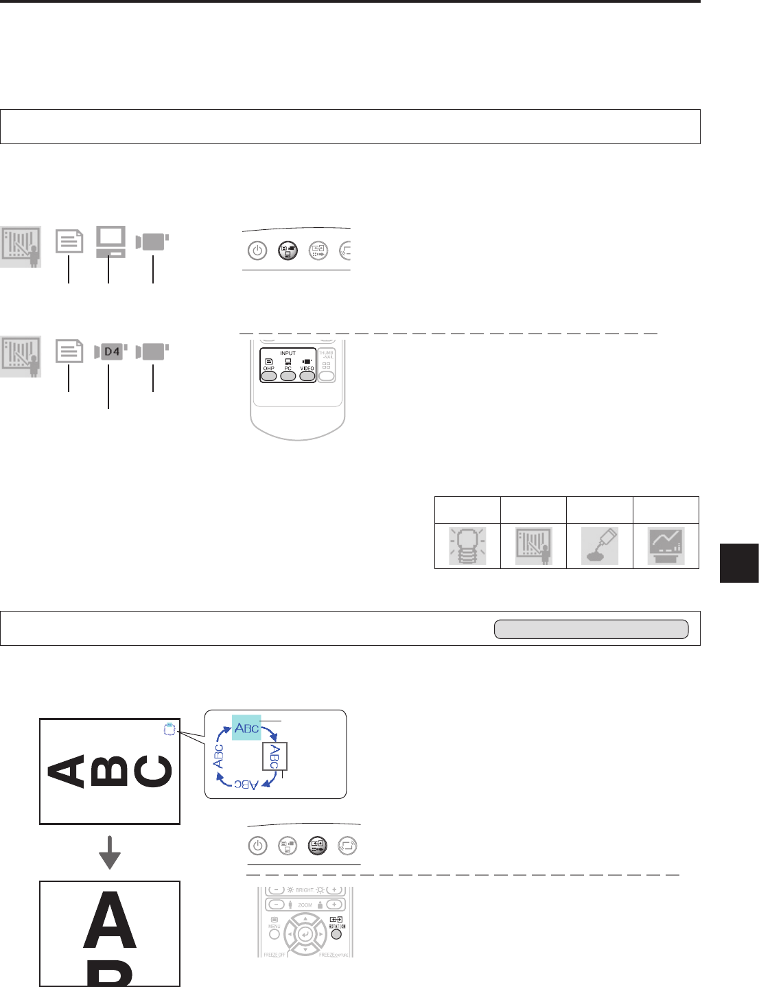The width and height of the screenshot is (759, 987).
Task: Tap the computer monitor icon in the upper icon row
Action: tap(110, 242)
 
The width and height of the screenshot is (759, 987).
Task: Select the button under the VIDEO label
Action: tap(307, 377)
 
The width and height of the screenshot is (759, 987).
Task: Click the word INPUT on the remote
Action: tap(288, 353)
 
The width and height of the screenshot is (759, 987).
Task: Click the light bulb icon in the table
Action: tap(467, 546)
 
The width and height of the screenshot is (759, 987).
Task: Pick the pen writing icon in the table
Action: tap(600, 546)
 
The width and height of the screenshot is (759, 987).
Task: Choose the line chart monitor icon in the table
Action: tap(666, 546)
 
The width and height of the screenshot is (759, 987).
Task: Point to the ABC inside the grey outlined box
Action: tap(274, 756)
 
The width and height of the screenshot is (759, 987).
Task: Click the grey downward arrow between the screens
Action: tap(110, 852)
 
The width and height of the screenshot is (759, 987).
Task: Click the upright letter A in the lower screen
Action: tap(110, 919)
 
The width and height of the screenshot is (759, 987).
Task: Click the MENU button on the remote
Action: tap(274, 934)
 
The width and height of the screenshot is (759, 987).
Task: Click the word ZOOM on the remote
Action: tap(305, 905)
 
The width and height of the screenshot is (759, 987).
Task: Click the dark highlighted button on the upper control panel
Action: tap(288, 251)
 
